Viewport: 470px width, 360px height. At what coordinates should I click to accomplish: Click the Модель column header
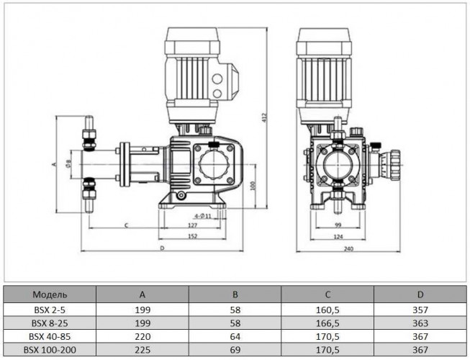(50, 294)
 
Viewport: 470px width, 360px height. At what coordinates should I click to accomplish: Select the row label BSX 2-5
(50, 309)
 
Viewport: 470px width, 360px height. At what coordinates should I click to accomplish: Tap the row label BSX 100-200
(50, 351)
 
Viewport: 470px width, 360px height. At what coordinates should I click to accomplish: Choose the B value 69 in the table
(235, 351)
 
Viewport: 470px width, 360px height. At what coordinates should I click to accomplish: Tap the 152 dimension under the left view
(193, 235)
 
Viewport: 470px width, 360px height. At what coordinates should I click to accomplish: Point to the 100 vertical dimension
(250, 186)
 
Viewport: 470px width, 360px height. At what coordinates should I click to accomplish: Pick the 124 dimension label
(338, 235)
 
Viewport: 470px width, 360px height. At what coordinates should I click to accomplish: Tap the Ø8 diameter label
(69, 163)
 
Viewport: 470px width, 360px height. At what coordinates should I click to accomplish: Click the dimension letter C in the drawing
(127, 225)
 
